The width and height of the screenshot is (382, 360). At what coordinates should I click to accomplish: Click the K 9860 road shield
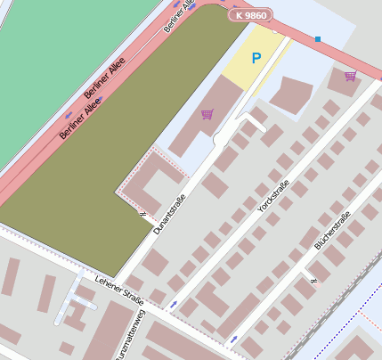(x=250, y=15)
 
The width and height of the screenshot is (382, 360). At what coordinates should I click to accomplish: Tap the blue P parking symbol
(x=256, y=59)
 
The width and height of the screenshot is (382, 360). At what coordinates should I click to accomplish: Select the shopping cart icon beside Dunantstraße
(x=207, y=114)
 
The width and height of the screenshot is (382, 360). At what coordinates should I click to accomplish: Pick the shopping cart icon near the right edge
(x=350, y=76)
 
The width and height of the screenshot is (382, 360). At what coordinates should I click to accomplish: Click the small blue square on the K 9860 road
(x=318, y=39)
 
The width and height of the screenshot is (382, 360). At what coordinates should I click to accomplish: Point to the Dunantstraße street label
(x=168, y=215)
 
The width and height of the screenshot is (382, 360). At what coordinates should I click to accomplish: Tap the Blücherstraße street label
(x=332, y=228)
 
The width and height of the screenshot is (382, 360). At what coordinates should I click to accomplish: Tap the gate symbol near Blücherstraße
(x=311, y=280)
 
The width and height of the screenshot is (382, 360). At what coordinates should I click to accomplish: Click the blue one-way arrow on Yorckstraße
(x=173, y=304)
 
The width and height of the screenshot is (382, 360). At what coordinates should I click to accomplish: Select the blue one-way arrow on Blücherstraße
(x=233, y=339)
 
